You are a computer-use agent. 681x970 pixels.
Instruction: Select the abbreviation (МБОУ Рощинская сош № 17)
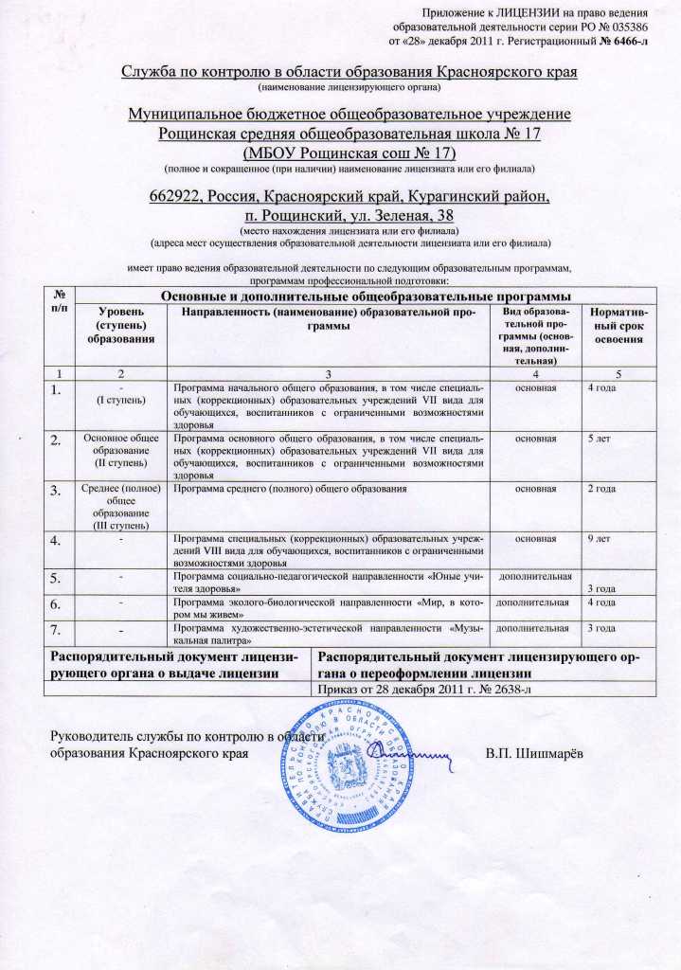[349, 153]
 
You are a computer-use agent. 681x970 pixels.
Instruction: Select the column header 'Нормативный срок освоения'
[618, 325]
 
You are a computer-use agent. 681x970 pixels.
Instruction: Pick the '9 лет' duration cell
[599, 538]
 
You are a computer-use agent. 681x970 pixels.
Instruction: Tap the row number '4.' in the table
[59, 542]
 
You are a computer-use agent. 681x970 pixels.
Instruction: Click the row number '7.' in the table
[59, 630]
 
